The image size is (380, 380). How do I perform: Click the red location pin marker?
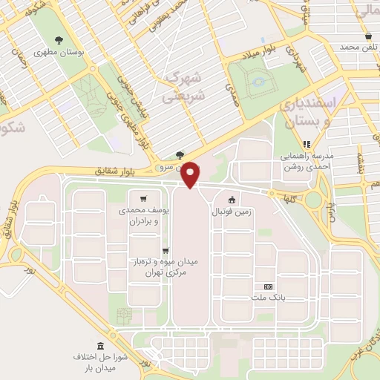pos(191,174)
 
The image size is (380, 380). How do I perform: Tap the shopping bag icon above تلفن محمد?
pos(369,36)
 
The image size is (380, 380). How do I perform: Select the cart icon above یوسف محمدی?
pos(142,198)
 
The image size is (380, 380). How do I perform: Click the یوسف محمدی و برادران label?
pos(145,216)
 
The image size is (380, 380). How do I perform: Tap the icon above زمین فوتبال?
pos(232,198)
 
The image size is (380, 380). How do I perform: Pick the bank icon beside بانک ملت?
pos(268,286)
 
